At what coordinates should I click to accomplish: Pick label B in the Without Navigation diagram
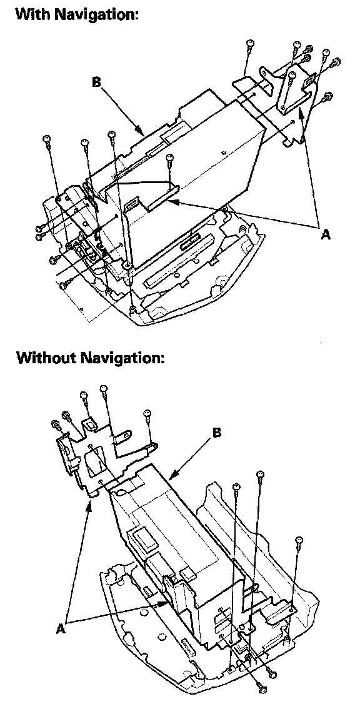coord(217,433)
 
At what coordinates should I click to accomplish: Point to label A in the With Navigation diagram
coord(326,233)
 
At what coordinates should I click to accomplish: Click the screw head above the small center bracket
coord(169,157)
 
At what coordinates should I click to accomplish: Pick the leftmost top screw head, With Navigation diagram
coord(46,139)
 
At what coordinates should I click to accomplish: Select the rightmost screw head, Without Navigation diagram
coord(299,540)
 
